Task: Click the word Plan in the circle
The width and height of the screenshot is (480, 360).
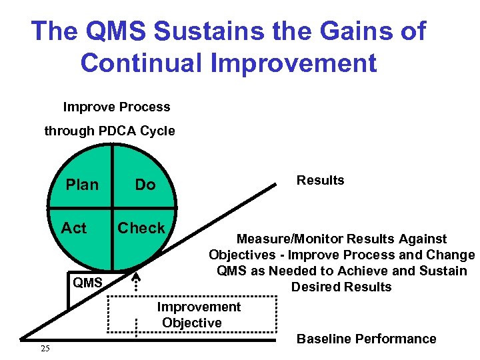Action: coord(82,185)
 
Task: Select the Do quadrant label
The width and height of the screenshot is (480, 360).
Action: coord(145,185)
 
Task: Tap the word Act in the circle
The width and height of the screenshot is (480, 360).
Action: coord(74,228)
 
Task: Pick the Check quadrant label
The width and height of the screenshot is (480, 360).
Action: coord(141,228)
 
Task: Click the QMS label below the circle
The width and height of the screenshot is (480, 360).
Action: coord(87,283)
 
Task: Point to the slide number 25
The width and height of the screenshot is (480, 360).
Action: coord(45,349)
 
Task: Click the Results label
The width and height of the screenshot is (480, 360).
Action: coord(320,181)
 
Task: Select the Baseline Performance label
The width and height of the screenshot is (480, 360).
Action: coord(366,339)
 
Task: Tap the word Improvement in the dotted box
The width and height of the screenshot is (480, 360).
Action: coord(199,307)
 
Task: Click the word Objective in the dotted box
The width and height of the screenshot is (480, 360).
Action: coord(192,323)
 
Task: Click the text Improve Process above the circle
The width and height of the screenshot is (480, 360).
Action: coord(117,107)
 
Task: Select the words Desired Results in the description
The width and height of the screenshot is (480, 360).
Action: coord(341,287)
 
